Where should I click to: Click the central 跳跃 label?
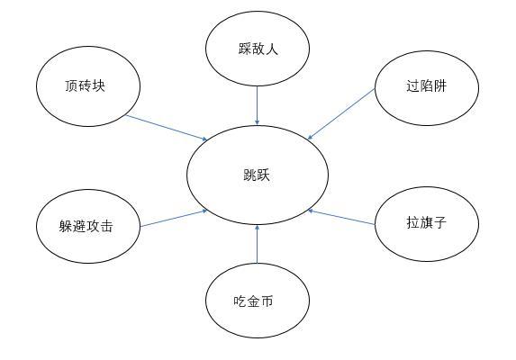click(x=257, y=175)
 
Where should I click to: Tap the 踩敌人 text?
click(x=258, y=49)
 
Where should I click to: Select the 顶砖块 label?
click(x=85, y=85)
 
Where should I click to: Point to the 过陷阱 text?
click(x=426, y=85)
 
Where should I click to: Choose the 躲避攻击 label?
click(x=86, y=226)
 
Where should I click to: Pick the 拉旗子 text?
click(x=427, y=222)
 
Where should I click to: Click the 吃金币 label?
click(x=253, y=301)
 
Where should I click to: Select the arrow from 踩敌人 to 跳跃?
click(x=258, y=105)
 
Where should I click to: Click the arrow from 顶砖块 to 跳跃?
click(x=167, y=128)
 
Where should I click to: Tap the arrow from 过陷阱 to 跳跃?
click(x=341, y=113)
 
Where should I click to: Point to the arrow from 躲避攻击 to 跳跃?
click(x=174, y=219)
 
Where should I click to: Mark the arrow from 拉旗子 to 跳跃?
click(x=341, y=217)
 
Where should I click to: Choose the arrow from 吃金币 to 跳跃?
click(x=258, y=244)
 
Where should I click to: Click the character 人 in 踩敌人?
click(x=272, y=49)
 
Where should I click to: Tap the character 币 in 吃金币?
click(x=267, y=301)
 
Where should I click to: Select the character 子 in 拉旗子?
click(x=440, y=222)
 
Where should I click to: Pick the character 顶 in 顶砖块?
click(x=71, y=85)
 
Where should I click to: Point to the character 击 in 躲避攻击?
click(x=106, y=226)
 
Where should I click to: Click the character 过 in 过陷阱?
click(x=412, y=85)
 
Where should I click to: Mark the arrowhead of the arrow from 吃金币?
click(x=258, y=227)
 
